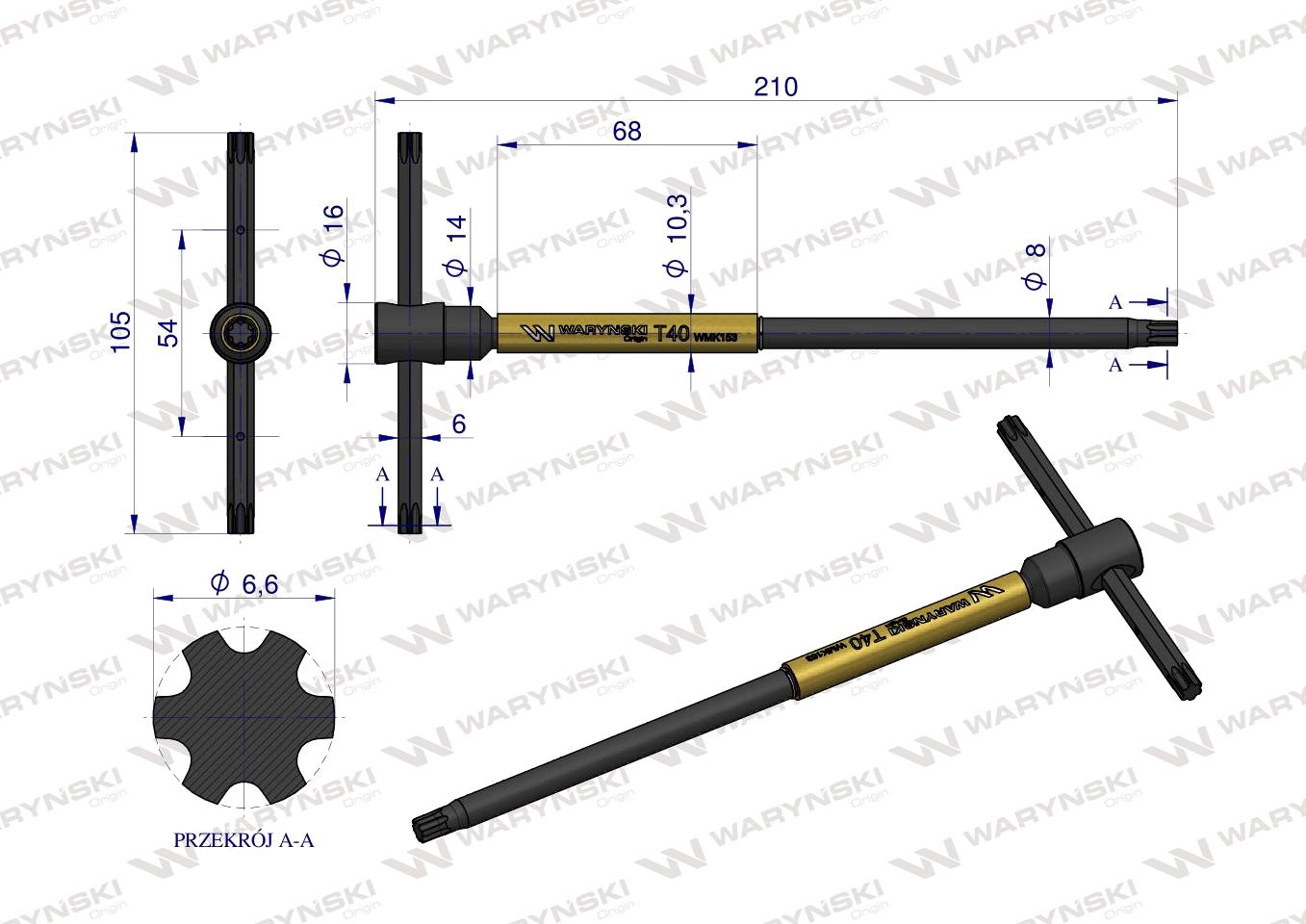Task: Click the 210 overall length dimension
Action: (776, 87)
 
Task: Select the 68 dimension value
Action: (627, 131)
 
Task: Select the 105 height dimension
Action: (118, 332)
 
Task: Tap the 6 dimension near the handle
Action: (458, 423)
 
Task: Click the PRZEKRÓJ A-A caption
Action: (243, 839)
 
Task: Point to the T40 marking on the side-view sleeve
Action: (671, 334)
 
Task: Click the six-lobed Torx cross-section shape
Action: (245, 717)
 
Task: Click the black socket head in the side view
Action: (409, 334)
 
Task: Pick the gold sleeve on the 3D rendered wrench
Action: (905, 629)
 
